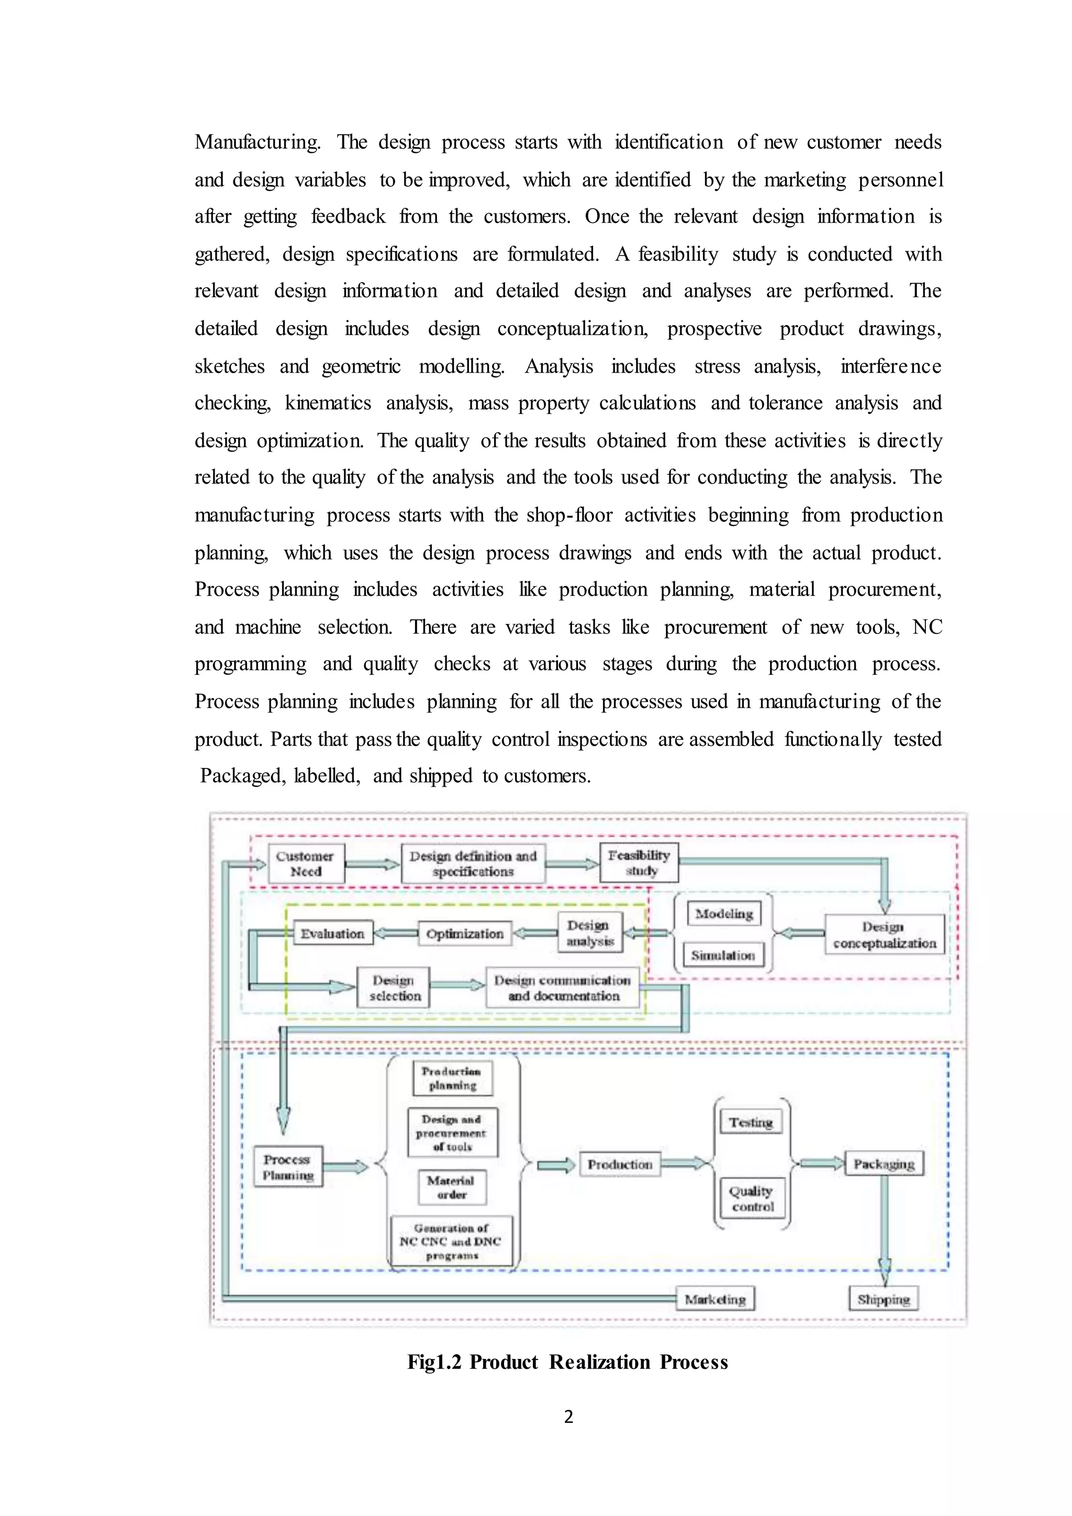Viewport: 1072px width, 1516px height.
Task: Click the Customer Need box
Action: pos(306,863)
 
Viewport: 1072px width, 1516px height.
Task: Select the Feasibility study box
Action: pos(639,862)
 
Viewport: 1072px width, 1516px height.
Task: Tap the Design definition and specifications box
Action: pos(473,863)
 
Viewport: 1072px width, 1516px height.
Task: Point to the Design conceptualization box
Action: pos(885,934)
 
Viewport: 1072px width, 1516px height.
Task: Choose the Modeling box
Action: pos(724,914)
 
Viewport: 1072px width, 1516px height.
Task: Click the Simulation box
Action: pos(723,955)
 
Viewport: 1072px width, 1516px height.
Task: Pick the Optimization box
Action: pos(465,934)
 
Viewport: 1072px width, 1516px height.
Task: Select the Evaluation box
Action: pos(333,933)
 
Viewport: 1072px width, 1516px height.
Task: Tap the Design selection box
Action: pos(394,988)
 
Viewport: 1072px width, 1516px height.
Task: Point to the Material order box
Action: pos(452,1187)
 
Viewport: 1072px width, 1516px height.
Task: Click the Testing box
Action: pos(751,1122)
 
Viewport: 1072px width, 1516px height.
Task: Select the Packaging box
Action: pos(884,1163)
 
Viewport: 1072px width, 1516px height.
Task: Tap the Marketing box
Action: pos(715,1299)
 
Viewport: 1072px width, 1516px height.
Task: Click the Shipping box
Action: pos(883,1299)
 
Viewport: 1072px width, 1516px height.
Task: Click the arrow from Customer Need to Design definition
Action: pos(372,864)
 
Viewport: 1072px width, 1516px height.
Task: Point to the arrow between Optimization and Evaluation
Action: pos(395,933)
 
